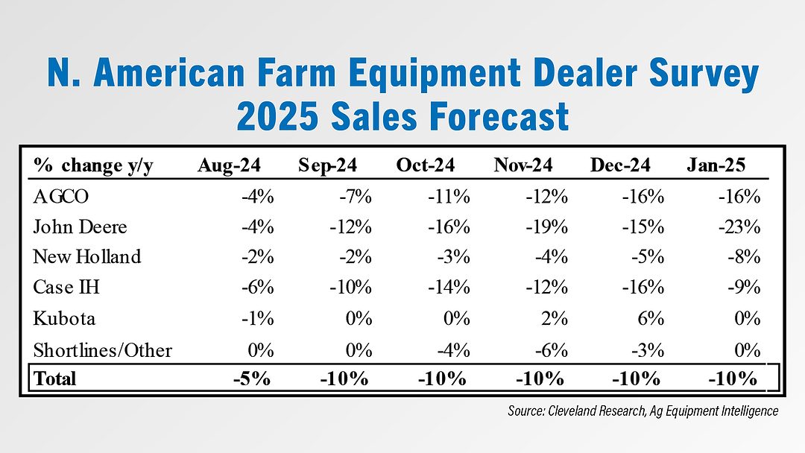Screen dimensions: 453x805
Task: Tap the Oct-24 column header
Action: click(x=425, y=165)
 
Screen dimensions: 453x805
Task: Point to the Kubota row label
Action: click(x=64, y=318)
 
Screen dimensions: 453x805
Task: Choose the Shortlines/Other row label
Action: click(x=103, y=349)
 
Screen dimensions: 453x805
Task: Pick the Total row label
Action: click(x=54, y=378)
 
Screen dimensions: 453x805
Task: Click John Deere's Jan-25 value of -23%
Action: click(x=740, y=226)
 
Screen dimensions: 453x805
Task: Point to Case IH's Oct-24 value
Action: click(x=449, y=288)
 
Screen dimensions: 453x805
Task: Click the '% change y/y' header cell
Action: click(x=93, y=165)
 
